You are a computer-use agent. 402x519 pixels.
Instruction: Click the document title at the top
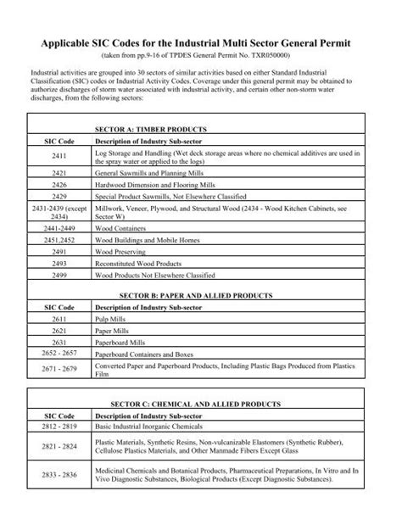tap(201, 42)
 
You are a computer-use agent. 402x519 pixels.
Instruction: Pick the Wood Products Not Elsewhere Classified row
tap(153, 275)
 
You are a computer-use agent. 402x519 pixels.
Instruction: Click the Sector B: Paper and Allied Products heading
tap(201, 296)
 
